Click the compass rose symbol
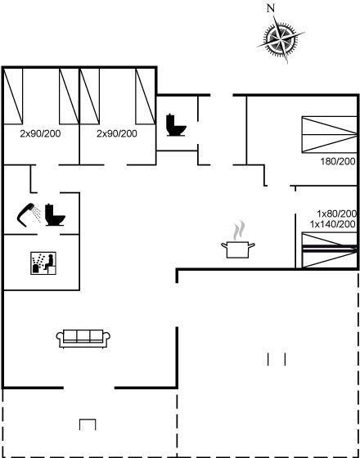pos(281,38)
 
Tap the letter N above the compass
pos(271,8)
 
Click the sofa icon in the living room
pos(83,339)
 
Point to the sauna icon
pos(43,263)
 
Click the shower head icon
pos(25,214)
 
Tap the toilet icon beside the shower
pos(55,215)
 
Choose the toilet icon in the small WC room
pos(176,125)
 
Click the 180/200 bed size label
pos(338,161)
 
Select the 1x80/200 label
pos(337,213)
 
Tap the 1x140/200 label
pos(333,224)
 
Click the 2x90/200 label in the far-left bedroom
pos(40,134)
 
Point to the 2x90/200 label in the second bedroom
pos(117,134)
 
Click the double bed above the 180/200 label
pos(330,134)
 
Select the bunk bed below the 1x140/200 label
pos(330,250)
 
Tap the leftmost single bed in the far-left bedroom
pos(13,97)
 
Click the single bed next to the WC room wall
pos(146,97)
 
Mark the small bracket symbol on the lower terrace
pos(88,424)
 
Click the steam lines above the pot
pos(239,230)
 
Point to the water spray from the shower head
pos(36,213)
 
